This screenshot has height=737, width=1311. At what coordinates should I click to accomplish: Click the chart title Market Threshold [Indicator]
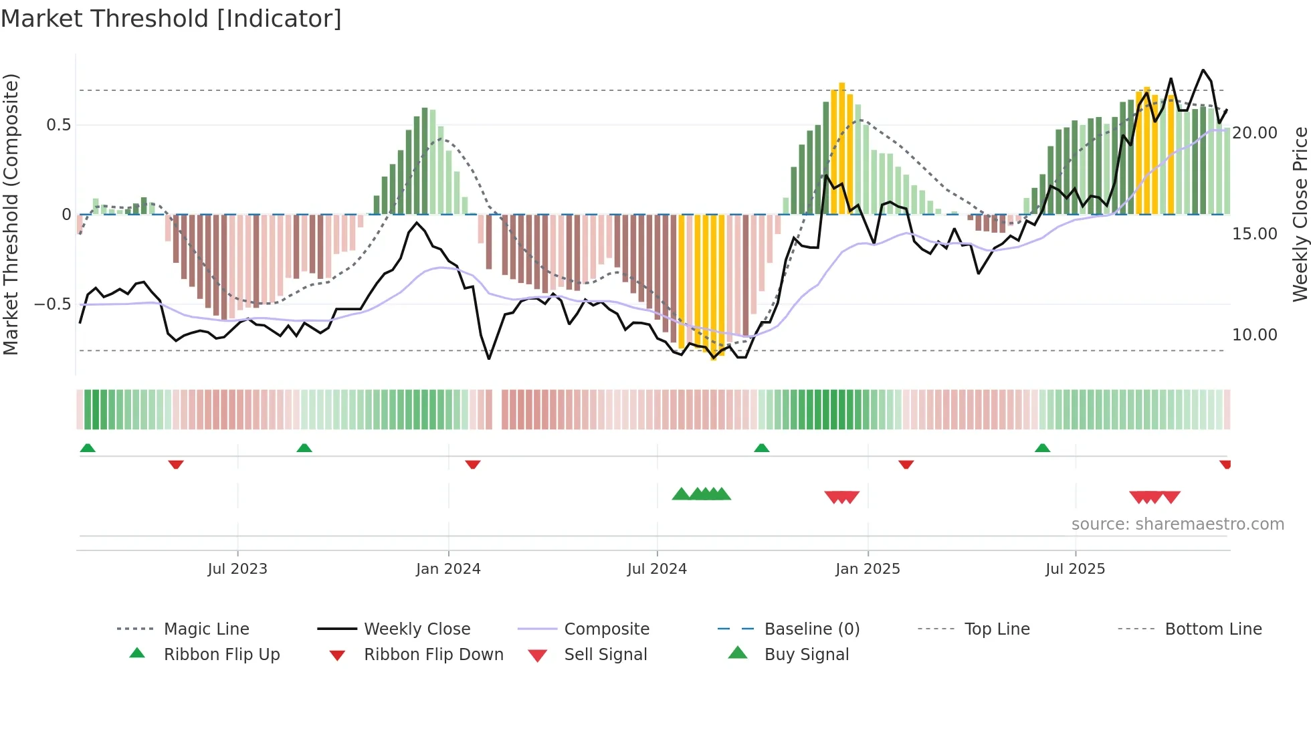(x=171, y=19)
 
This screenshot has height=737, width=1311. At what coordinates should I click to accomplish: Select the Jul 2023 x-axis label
(x=237, y=568)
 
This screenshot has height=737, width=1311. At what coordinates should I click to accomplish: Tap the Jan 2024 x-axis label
(x=447, y=568)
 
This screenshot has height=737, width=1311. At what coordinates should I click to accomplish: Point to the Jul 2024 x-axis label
(x=656, y=568)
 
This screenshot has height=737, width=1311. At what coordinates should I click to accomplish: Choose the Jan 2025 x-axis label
(x=867, y=568)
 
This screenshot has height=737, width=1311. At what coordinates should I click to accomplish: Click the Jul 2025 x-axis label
(x=1074, y=568)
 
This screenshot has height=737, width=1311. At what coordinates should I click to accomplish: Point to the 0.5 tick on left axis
(x=58, y=125)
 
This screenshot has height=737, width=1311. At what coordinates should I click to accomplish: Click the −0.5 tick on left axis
(x=53, y=304)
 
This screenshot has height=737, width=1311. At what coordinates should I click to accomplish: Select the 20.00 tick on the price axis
(x=1254, y=133)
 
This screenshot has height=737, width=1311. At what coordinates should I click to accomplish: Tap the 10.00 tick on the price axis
(x=1254, y=334)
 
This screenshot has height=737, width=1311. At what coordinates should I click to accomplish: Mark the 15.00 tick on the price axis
(x=1254, y=234)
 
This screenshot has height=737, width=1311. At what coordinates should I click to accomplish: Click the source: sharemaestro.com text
(x=1177, y=524)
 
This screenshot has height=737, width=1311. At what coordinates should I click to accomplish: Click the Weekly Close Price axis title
(x=1300, y=214)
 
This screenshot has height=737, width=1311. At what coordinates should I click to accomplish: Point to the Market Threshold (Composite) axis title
(x=11, y=214)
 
